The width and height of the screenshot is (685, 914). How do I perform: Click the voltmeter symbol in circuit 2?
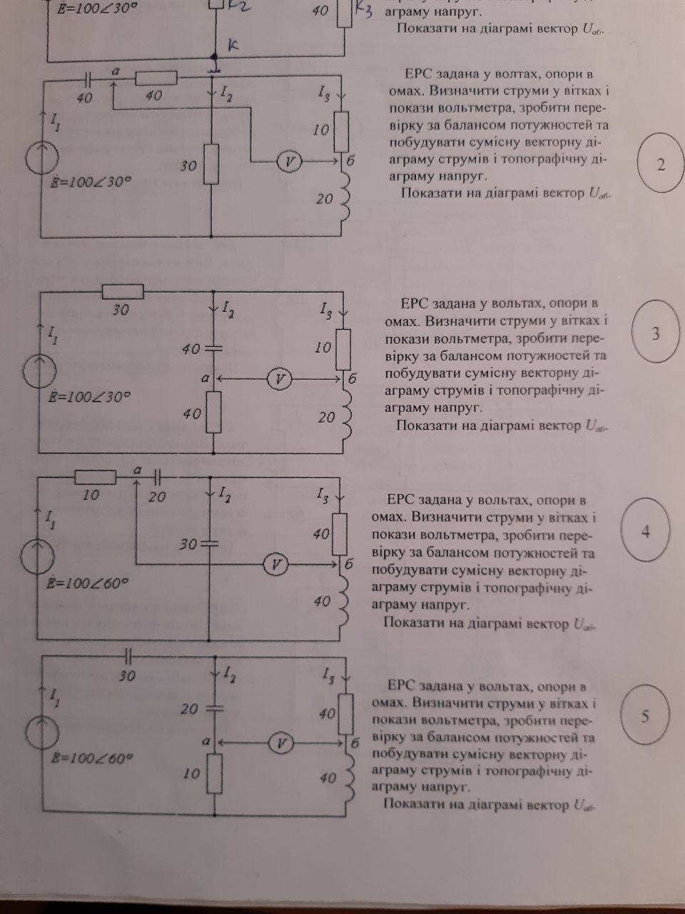289,161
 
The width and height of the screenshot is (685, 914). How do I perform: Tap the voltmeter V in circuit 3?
279,379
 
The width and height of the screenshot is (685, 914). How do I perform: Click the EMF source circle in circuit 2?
42,157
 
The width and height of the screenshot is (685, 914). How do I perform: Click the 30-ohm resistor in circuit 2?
211,164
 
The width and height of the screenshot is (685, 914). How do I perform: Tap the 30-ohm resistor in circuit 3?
123,291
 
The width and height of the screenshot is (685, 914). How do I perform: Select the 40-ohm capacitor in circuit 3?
213,348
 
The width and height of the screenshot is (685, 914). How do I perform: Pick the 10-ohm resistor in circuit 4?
96,477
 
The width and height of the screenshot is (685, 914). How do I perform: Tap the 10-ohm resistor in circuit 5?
215,773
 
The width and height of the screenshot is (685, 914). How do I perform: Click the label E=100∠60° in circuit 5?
92,758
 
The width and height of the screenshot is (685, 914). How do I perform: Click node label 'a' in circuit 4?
137,470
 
